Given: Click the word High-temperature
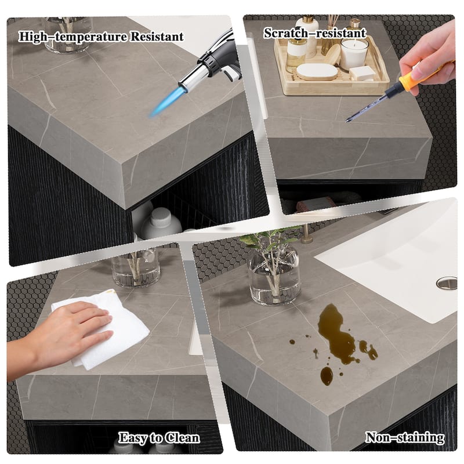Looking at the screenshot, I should click(67, 37).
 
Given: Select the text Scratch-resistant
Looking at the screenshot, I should click(315, 33).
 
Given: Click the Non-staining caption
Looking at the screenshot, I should click(404, 437).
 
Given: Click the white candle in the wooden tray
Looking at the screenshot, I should click(353, 54).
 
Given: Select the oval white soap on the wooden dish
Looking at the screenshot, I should click(317, 71).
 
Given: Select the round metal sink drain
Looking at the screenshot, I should click(446, 282).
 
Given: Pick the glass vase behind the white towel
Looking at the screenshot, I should click(136, 268).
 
